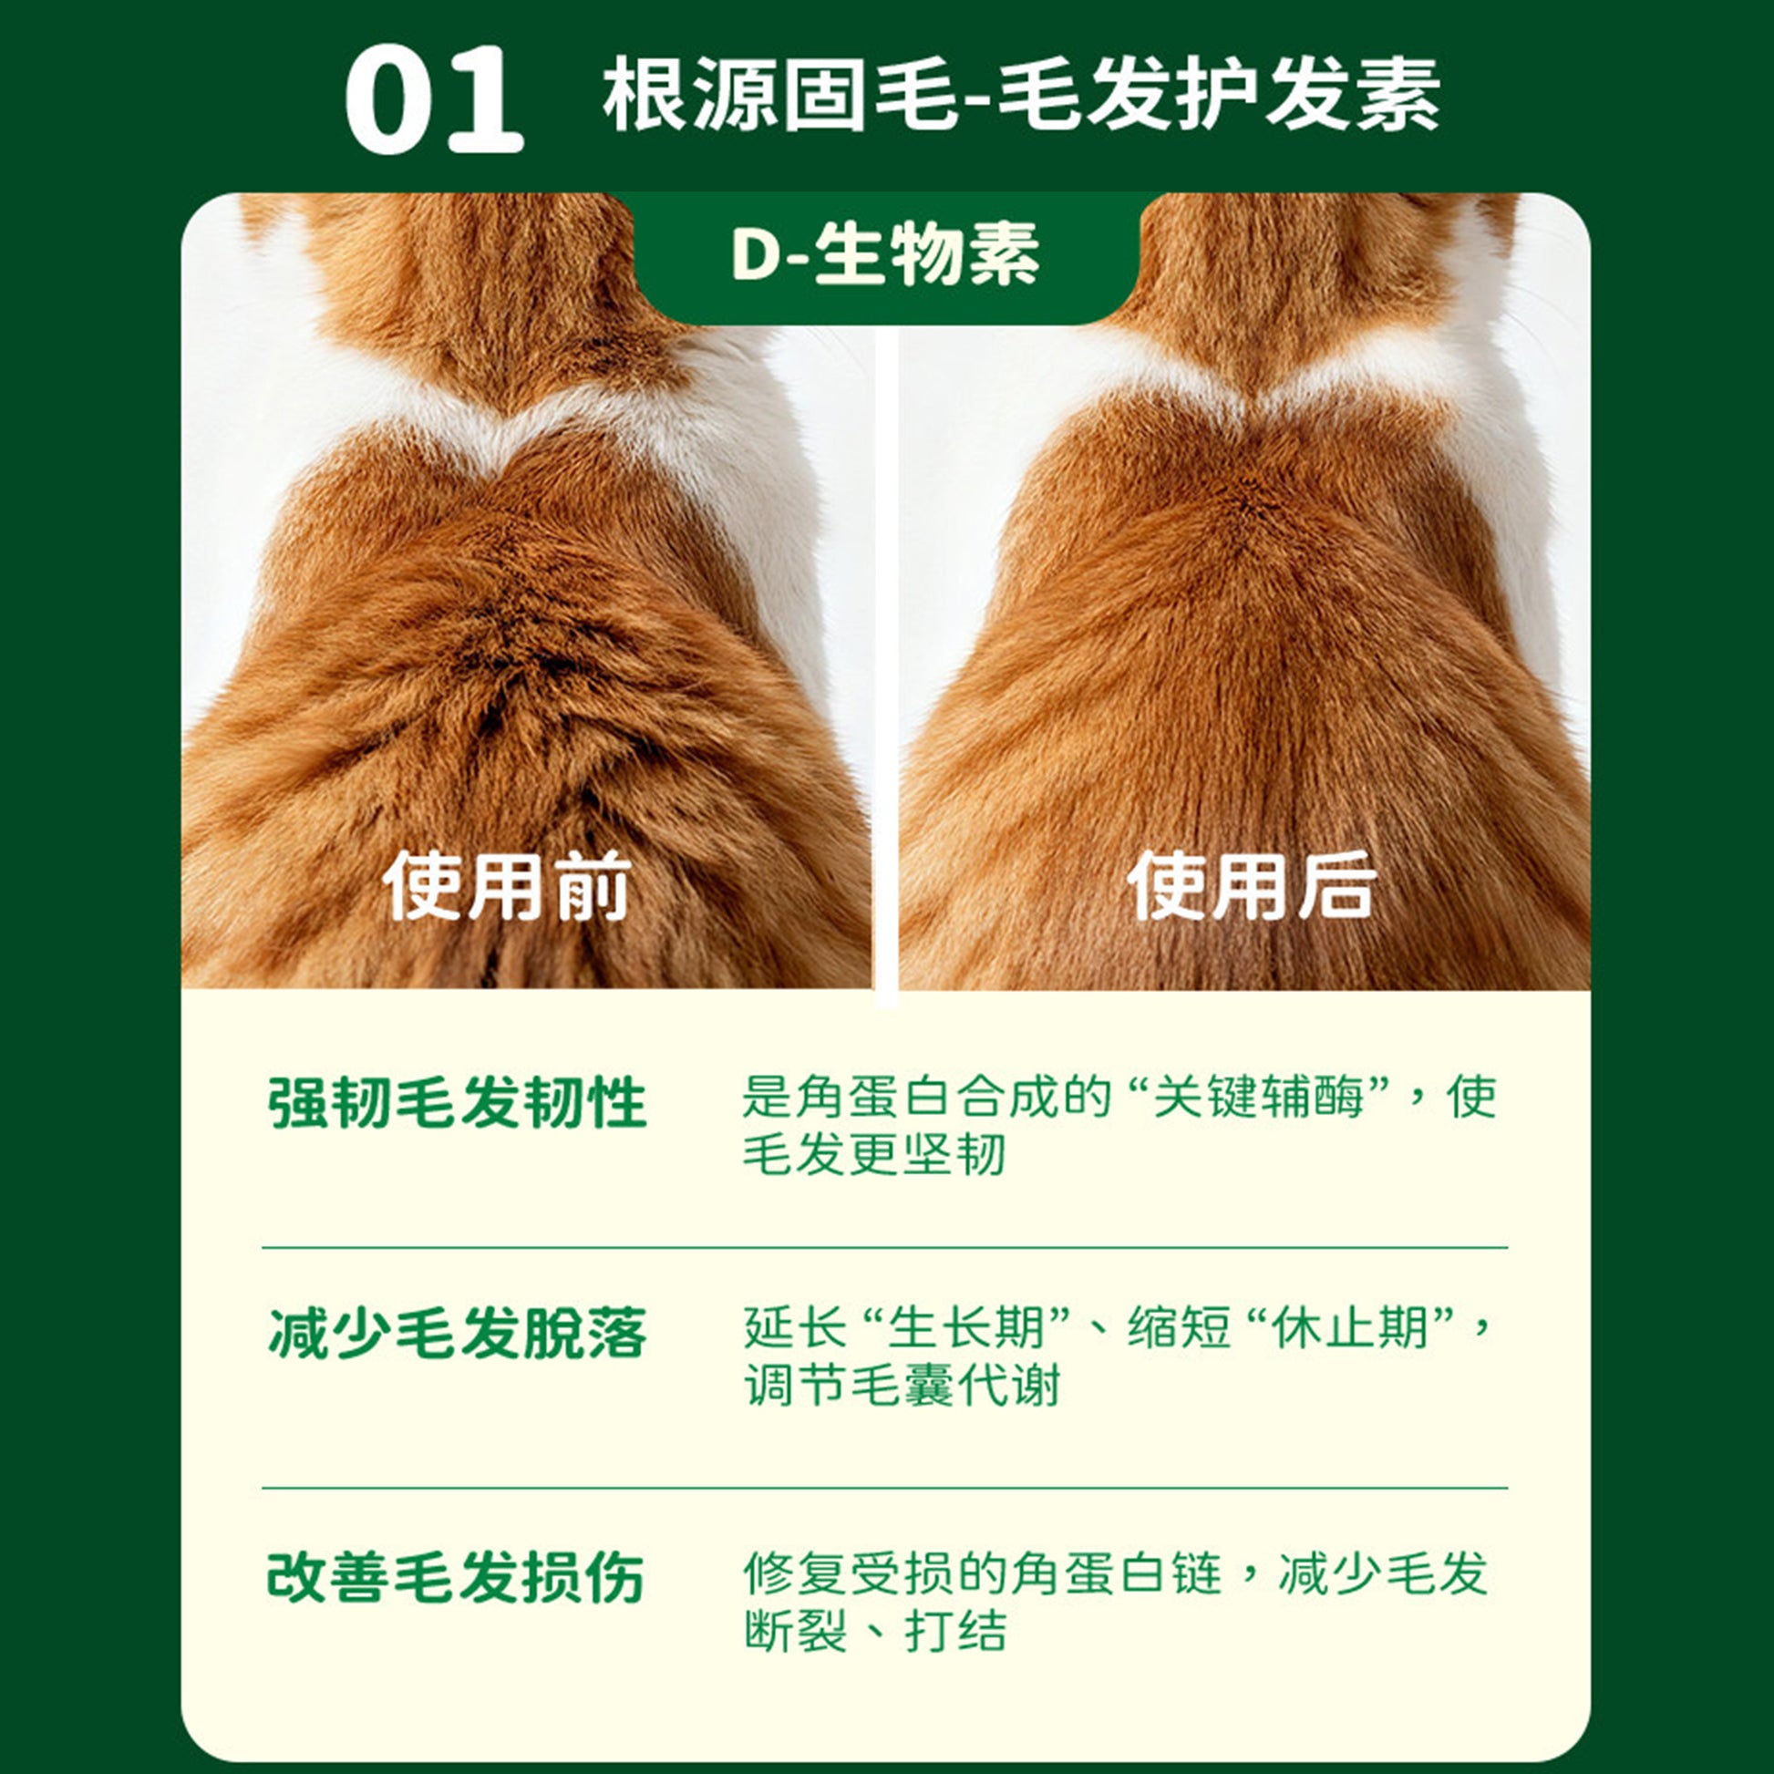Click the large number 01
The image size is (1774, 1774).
(x=433, y=101)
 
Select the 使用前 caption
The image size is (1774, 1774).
(x=507, y=886)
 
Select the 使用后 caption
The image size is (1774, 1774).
(x=1251, y=886)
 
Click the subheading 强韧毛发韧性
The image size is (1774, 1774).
(x=457, y=1103)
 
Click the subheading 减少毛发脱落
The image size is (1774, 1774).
(x=457, y=1334)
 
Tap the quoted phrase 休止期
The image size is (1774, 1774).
(x=1350, y=1327)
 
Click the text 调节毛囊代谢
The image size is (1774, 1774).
(x=902, y=1385)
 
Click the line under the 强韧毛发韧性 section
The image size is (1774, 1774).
(x=884, y=1248)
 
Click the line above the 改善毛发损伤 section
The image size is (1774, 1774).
(x=884, y=1488)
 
